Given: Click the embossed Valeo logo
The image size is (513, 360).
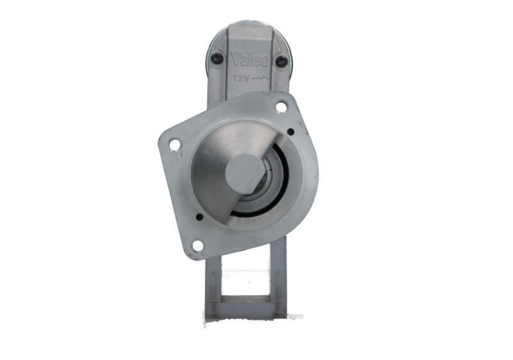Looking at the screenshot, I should click(x=249, y=59).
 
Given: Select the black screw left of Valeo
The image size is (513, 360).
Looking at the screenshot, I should click(x=217, y=58).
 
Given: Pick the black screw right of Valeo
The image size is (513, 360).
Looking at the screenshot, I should click(x=282, y=61).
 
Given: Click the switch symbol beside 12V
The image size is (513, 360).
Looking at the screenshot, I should click(x=263, y=79).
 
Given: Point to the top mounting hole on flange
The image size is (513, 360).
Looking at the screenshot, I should click(x=281, y=107).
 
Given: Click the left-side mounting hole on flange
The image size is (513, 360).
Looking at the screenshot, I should click(x=174, y=145).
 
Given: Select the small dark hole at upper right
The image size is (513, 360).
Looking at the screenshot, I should click(x=290, y=132).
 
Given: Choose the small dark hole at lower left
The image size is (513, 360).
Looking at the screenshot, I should click(x=199, y=217).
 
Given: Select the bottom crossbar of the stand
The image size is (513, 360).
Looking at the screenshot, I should click(x=246, y=309).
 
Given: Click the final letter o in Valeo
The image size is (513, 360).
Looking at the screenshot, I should click(x=264, y=61).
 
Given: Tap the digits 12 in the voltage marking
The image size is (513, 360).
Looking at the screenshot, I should click(x=237, y=78).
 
